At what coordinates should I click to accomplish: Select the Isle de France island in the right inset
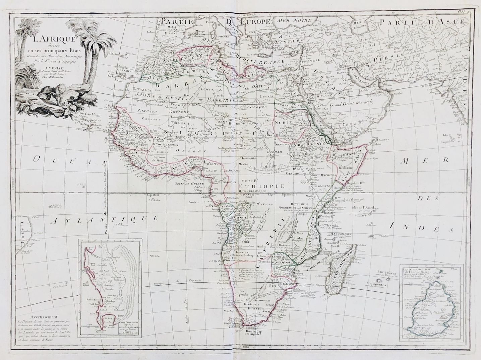click(x=432, y=305)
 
